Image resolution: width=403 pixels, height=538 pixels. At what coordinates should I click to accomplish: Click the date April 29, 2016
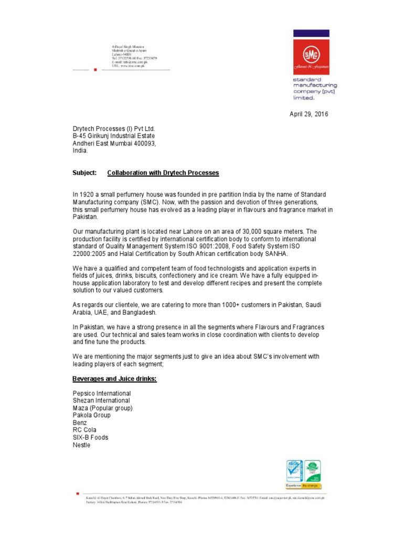pos(309,114)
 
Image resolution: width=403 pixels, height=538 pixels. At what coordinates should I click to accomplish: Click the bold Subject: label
pos(84,173)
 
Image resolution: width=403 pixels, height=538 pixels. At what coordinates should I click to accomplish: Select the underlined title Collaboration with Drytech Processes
pos(163,173)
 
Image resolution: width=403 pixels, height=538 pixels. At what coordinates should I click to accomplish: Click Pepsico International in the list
pos(102,393)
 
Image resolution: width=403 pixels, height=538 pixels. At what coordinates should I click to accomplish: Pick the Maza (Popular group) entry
pos(102,408)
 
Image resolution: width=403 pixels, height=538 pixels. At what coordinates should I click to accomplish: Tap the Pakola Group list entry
pos(91,415)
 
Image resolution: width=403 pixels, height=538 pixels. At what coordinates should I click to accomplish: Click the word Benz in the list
pos(80,422)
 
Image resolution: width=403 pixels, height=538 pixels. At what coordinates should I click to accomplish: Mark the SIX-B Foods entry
pos(90,437)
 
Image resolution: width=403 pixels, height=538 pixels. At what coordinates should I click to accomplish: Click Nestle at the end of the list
pos(81,445)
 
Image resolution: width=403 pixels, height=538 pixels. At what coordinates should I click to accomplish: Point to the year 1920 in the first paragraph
pos(87,195)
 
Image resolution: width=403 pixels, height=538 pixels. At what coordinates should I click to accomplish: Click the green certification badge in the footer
pos(314,471)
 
